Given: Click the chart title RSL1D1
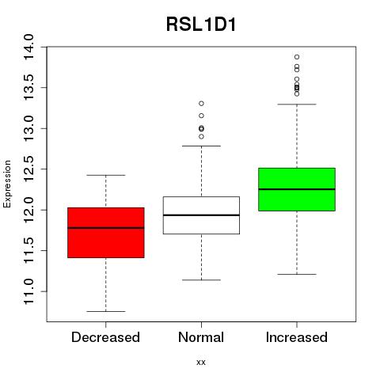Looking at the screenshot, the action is click(x=201, y=25).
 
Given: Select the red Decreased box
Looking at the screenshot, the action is click(x=106, y=233).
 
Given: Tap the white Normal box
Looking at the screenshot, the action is click(x=201, y=215).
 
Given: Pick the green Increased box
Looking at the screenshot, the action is click(x=297, y=189).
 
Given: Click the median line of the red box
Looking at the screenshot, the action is click(x=106, y=228).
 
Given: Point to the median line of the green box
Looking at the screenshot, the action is click(x=297, y=189).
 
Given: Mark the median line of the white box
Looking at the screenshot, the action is click(x=201, y=215).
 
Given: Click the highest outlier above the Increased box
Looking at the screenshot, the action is click(x=297, y=57).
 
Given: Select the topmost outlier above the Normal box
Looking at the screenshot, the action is click(x=201, y=104).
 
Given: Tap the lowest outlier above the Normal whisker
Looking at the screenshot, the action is click(x=201, y=137).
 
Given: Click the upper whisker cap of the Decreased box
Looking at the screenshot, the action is click(x=106, y=175).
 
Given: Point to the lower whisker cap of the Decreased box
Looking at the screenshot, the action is click(x=106, y=311).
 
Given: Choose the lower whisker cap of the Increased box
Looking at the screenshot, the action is click(x=297, y=274).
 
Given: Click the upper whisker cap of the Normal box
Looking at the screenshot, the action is click(x=201, y=146).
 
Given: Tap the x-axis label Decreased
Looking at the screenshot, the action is click(x=105, y=337).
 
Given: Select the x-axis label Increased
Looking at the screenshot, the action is click(x=297, y=337).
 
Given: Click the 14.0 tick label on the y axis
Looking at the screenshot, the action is click(x=28, y=47).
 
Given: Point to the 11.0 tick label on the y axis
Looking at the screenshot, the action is click(x=28, y=291).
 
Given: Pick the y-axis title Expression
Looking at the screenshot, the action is click(x=7, y=184).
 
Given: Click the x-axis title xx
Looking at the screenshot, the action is click(x=201, y=363).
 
